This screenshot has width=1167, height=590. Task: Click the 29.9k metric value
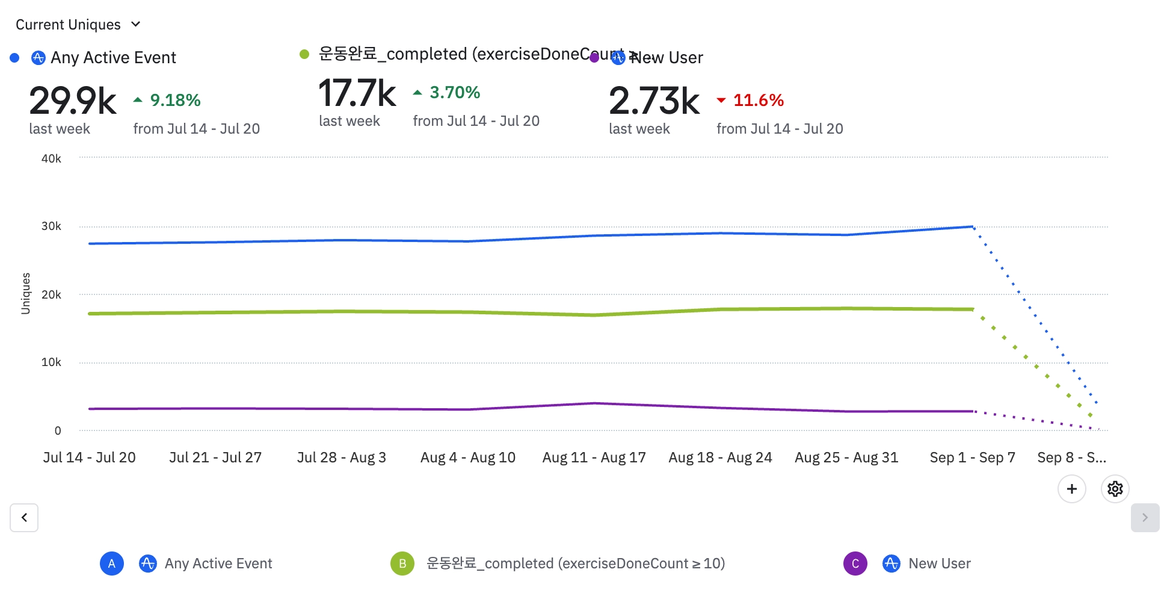point(72,101)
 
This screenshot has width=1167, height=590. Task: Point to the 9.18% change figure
point(174,100)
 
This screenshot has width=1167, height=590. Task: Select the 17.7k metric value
point(357,93)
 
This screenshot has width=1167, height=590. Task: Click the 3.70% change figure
point(454,93)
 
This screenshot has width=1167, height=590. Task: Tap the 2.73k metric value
point(654,101)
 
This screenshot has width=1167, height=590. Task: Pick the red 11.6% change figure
point(758,100)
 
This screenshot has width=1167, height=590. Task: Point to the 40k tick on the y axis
point(51,159)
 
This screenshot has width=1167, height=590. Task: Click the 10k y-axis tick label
point(51,362)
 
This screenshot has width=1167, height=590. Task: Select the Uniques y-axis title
point(25,293)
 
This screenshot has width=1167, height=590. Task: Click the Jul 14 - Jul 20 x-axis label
point(90,458)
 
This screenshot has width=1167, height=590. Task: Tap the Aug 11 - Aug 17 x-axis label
point(594,458)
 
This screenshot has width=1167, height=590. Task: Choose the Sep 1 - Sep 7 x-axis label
point(972,458)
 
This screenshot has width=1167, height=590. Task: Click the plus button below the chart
point(1071,489)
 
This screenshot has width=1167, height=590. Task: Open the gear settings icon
point(1115,489)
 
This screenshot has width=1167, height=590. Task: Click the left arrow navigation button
point(24,518)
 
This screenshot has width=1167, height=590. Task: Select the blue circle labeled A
point(112,564)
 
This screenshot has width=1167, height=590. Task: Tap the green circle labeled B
point(402,564)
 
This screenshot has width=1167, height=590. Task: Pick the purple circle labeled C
point(855,564)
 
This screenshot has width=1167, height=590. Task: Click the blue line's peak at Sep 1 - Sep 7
point(972,227)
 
